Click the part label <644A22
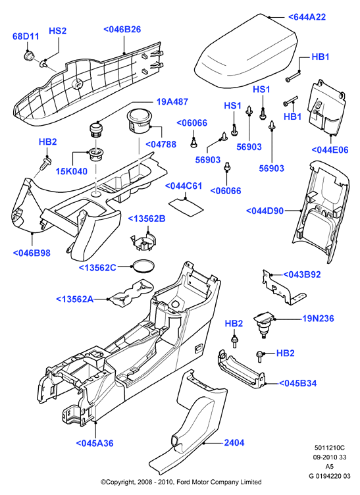[307, 16]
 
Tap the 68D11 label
[26, 36]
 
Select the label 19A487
[172, 101]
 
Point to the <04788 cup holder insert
[139, 121]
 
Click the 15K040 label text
[72, 171]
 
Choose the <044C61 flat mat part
[186, 207]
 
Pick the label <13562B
[146, 219]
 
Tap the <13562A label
[75, 299]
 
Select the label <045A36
[95, 443]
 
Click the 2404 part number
[234, 442]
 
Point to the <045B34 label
[298, 383]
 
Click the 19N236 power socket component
[264, 325]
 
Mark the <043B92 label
[302, 274]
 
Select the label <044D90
[265, 211]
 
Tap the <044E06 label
[330, 149]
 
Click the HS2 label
[57, 31]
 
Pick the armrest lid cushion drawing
[246, 49]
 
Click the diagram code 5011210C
[329, 448]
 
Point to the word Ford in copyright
[183, 482]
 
